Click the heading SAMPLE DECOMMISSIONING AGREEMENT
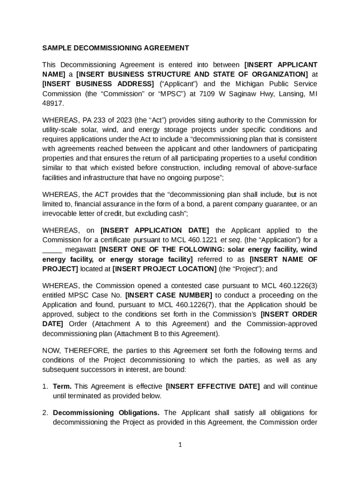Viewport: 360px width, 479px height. pos(115,48)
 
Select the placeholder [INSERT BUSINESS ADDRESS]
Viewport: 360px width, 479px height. pos(98,84)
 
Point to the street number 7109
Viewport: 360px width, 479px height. pos(208,94)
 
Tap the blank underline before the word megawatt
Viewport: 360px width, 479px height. pos(52,250)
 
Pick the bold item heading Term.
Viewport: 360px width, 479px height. pos(62,386)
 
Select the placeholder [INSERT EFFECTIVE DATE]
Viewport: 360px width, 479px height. pos(213,386)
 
